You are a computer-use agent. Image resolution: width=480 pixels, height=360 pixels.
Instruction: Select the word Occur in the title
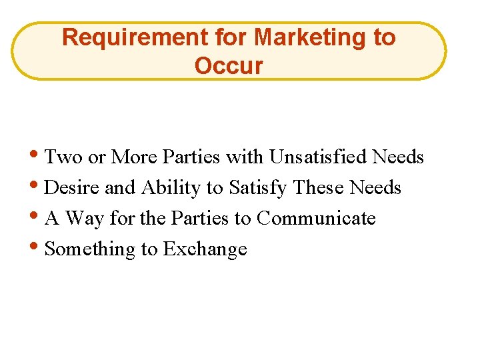pyautogui.click(x=229, y=66)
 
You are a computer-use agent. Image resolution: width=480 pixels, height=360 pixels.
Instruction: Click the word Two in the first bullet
pyautogui.click(x=63, y=157)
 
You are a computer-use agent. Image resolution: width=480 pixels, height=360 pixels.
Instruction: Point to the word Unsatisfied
pyautogui.click(x=318, y=157)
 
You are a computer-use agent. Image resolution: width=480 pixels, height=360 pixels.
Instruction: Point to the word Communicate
pyautogui.click(x=316, y=218)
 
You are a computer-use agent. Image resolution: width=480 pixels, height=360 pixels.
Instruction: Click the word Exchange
pyautogui.click(x=205, y=249)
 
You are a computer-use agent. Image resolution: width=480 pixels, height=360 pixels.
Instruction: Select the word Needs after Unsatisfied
pyautogui.click(x=398, y=157)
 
